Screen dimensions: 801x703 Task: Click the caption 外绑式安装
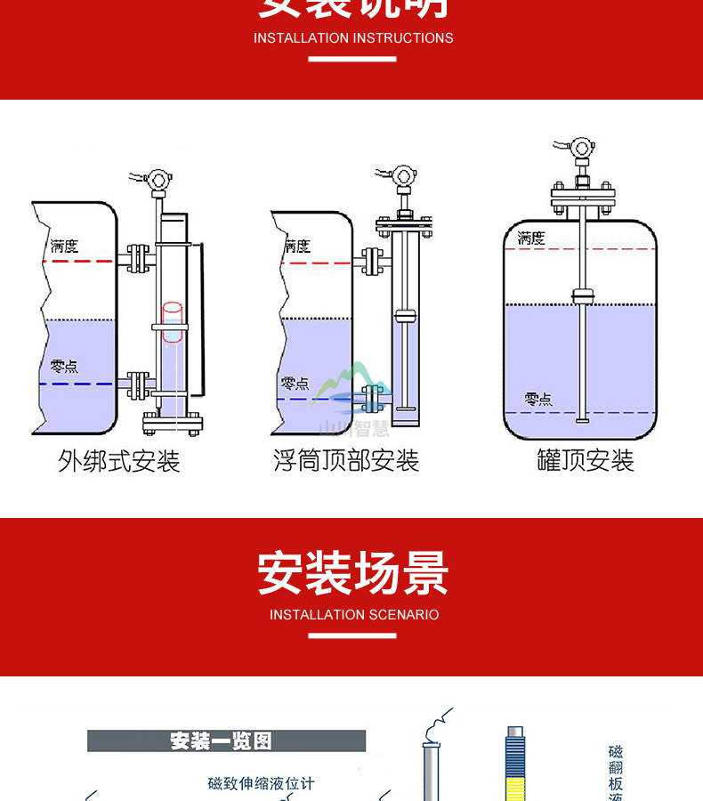119,461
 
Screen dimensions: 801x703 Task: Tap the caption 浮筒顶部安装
346,461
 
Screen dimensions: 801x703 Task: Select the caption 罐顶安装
586,461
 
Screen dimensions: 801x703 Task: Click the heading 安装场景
353,572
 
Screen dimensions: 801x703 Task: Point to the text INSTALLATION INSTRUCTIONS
353,38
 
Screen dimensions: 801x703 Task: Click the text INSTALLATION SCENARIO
353,615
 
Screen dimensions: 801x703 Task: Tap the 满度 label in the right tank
531,239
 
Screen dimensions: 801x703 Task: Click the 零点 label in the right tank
538,399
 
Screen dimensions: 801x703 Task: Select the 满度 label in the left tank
64,246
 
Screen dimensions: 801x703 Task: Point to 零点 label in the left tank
64,366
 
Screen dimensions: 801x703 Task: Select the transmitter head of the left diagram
159,177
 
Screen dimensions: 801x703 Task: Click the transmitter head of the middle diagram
403,175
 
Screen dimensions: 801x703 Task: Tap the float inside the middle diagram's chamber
405,314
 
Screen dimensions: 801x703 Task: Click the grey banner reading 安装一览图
226,740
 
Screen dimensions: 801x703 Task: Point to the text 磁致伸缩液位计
261,783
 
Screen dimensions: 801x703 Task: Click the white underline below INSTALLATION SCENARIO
352,635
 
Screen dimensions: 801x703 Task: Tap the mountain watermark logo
354,392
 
